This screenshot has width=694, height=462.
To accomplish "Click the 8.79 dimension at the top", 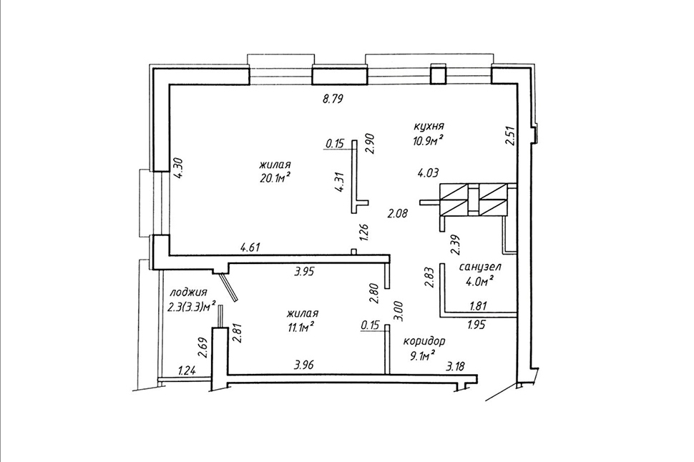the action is tap(333, 99).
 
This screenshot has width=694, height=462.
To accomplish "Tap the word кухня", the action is tap(429, 127).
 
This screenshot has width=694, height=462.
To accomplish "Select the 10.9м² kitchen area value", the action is tap(427, 141).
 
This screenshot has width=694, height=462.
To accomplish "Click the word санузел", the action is tap(480, 267).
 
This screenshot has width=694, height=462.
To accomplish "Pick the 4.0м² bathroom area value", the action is tap(480, 282).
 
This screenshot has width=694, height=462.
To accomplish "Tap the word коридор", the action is tap(424, 342).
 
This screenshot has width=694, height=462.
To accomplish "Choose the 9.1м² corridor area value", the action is tap(421, 355).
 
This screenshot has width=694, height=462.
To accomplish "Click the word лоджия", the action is tap(189, 293).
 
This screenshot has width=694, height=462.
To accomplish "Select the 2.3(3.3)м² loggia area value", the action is tap(192, 306).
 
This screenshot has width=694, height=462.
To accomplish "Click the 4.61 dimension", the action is tap(249, 247).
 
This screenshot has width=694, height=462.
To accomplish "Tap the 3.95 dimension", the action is tap(304, 271).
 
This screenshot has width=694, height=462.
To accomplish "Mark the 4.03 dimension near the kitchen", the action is tap(429, 172).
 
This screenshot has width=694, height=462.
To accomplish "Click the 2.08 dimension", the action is tap(397, 214).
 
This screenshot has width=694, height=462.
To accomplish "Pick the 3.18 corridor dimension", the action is tap(456, 366).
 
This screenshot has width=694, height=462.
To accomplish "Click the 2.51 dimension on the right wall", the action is tap(510, 136).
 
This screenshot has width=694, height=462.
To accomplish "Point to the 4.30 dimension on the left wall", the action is tap(178, 169).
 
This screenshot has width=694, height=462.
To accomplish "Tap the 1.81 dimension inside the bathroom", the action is tap(478, 306).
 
